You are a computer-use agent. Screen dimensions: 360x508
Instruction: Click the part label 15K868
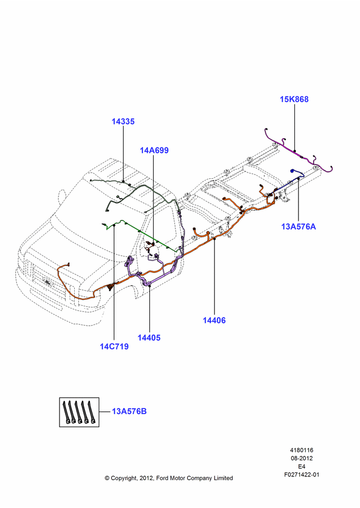294,99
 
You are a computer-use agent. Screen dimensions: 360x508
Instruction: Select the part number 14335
123,121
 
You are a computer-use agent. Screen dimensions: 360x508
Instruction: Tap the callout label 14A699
154,150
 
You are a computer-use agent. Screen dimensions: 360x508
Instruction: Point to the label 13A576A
298,227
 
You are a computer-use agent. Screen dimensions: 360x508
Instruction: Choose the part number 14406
214,320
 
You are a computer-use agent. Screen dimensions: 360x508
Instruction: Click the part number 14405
149,338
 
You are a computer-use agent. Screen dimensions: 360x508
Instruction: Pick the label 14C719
114,346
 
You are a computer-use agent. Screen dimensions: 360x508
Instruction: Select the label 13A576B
129,411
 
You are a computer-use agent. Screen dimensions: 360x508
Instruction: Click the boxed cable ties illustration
79,412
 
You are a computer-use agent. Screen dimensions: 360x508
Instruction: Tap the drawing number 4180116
302,450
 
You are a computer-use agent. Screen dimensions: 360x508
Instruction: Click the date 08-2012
302,458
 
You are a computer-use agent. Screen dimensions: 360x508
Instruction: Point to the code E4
302,466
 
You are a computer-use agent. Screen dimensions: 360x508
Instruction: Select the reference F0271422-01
302,474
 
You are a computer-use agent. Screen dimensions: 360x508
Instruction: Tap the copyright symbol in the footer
107,478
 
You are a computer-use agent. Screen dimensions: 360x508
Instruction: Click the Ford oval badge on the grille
49,283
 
